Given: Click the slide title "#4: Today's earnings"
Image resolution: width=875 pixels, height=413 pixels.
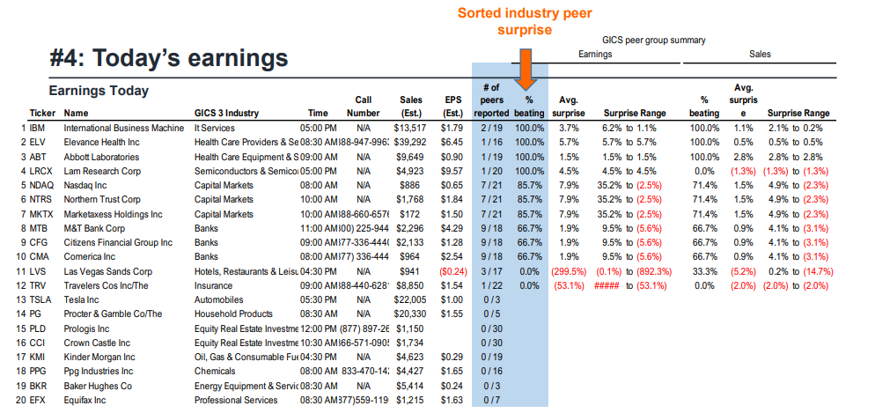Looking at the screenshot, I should pyautogui.click(x=169, y=58).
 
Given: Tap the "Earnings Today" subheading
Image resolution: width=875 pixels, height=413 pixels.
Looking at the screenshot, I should pyautogui.click(x=99, y=91).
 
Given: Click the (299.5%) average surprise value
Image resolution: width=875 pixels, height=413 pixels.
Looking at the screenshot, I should pyautogui.click(x=570, y=271).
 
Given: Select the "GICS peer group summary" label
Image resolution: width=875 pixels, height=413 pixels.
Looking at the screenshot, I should pyautogui.click(x=653, y=41).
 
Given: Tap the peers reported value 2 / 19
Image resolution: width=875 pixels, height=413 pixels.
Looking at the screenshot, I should pyautogui.click(x=492, y=128).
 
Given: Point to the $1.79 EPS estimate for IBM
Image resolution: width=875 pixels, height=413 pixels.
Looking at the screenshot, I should pyautogui.click(x=452, y=128).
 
